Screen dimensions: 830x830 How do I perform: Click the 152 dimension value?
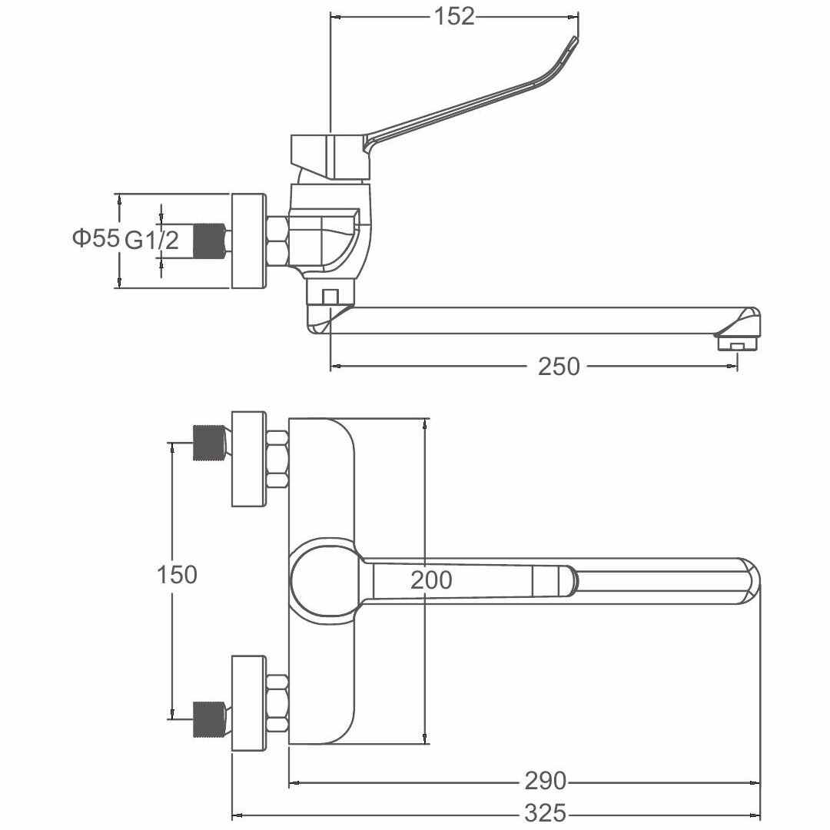click(x=455, y=17)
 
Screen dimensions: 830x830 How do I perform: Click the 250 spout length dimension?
click(x=559, y=367)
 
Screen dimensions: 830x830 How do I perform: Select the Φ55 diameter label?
click(x=95, y=239)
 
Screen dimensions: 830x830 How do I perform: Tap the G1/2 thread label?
click(x=151, y=241)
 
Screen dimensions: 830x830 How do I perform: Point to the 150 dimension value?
click(x=177, y=574)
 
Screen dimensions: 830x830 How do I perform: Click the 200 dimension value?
click(x=431, y=580)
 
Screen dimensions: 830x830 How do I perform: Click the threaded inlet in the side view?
click(x=207, y=241)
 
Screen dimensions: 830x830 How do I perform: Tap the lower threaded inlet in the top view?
click(x=207, y=720)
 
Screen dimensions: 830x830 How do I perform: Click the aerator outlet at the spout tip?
click(x=735, y=343)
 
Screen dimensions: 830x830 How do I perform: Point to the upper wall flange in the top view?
click(x=248, y=459)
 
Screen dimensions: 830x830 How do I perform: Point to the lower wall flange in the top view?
click(x=248, y=703)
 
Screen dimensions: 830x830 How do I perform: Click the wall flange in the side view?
click(x=248, y=241)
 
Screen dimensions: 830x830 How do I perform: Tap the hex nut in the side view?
click(x=277, y=241)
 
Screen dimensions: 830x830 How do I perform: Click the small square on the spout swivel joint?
click(x=330, y=296)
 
